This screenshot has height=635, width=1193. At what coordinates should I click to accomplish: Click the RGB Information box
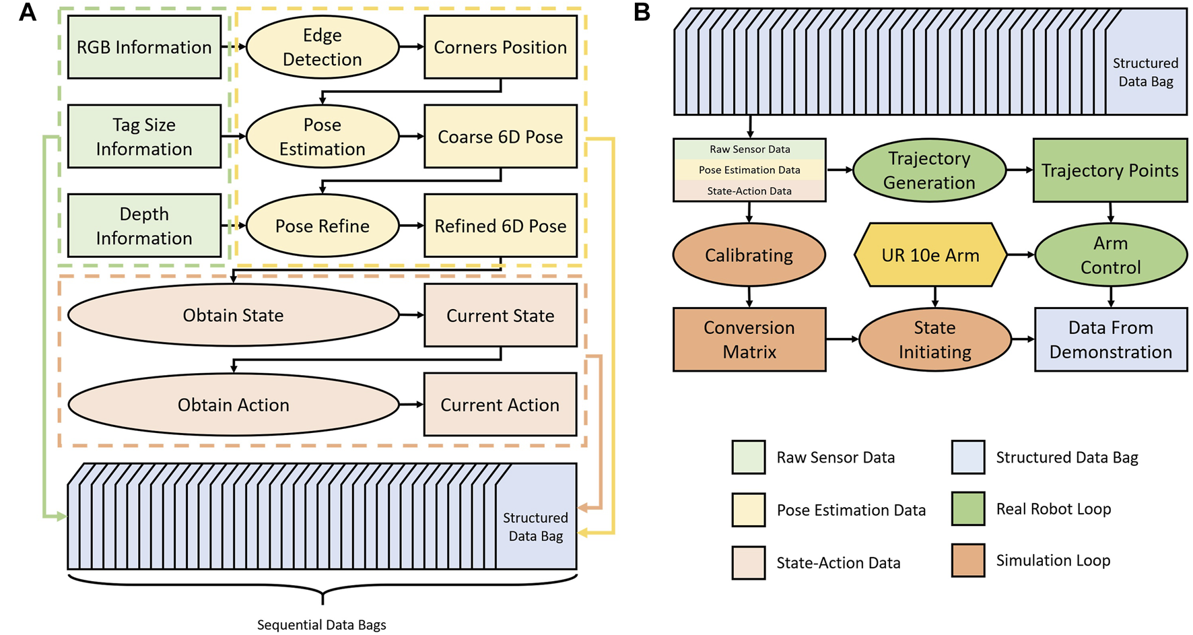click(x=144, y=47)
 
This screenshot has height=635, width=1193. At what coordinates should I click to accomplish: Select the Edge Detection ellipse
click(x=322, y=47)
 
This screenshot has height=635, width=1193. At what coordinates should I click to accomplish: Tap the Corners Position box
click(x=500, y=47)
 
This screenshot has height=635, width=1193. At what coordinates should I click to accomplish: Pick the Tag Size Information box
click(x=144, y=137)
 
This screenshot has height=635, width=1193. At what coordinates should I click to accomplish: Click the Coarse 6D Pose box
click(x=500, y=137)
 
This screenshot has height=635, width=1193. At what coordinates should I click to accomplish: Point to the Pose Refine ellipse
click(x=322, y=226)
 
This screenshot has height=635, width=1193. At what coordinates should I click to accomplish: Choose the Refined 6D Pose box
click(x=500, y=226)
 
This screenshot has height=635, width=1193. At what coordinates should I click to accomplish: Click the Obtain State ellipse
click(x=233, y=315)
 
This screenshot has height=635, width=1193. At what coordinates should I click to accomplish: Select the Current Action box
click(x=500, y=405)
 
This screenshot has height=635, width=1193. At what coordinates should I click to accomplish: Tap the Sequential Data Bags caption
click(x=322, y=625)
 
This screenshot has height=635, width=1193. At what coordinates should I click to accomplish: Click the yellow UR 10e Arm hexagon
click(x=930, y=255)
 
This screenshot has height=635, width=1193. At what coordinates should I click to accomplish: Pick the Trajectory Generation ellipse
click(x=929, y=170)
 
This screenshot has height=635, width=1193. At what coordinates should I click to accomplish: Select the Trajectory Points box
click(x=1110, y=170)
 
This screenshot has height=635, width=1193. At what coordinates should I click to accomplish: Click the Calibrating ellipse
click(x=749, y=255)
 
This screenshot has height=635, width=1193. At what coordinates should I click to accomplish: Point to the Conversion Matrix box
click(x=749, y=339)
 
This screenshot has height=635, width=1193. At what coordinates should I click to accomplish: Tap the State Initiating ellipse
click(x=934, y=339)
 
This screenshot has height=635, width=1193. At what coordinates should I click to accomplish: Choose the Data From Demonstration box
click(x=1111, y=339)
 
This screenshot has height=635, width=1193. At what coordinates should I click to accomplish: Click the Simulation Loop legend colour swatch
click(x=968, y=560)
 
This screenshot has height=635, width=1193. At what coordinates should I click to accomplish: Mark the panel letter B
click(x=642, y=12)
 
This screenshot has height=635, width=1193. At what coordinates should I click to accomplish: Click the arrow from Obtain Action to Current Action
click(x=411, y=405)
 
